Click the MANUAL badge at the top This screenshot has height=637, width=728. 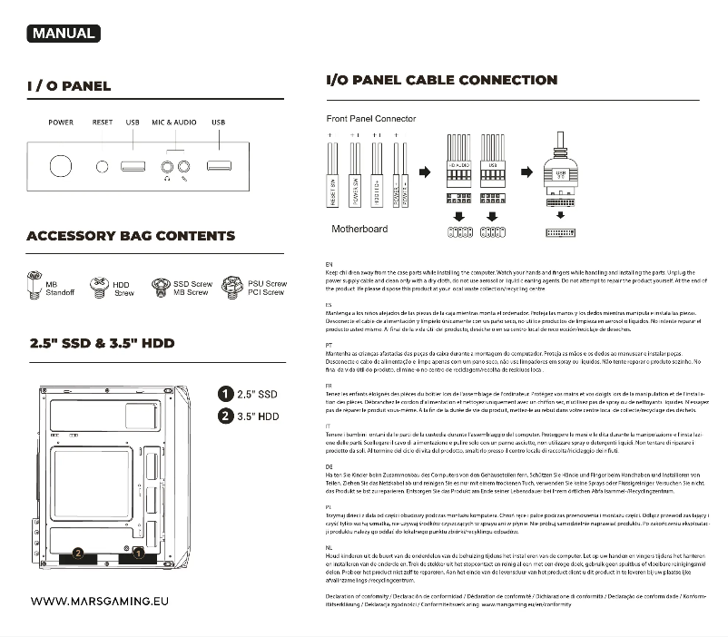tap(63, 34)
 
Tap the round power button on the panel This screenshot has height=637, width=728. tap(61, 167)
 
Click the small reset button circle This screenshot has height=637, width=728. tap(103, 166)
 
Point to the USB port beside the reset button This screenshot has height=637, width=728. tap(133, 166)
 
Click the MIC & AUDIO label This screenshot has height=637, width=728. tap(173, 122)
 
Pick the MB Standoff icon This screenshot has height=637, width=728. tap(35, 286)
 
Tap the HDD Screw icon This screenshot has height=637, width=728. tap(99, 288)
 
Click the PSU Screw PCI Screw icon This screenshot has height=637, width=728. tap(232, 287)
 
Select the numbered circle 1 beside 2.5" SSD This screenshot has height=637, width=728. tap(225, 394)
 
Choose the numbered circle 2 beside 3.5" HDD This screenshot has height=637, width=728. tap(225, 416)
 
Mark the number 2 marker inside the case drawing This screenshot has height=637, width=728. tap(79, 553)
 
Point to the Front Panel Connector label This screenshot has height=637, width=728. tap(370, 119)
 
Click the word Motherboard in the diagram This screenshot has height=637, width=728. tap(359, 229)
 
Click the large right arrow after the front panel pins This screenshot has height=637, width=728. tap(424, 172)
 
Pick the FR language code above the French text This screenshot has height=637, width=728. tap(329, 386)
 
